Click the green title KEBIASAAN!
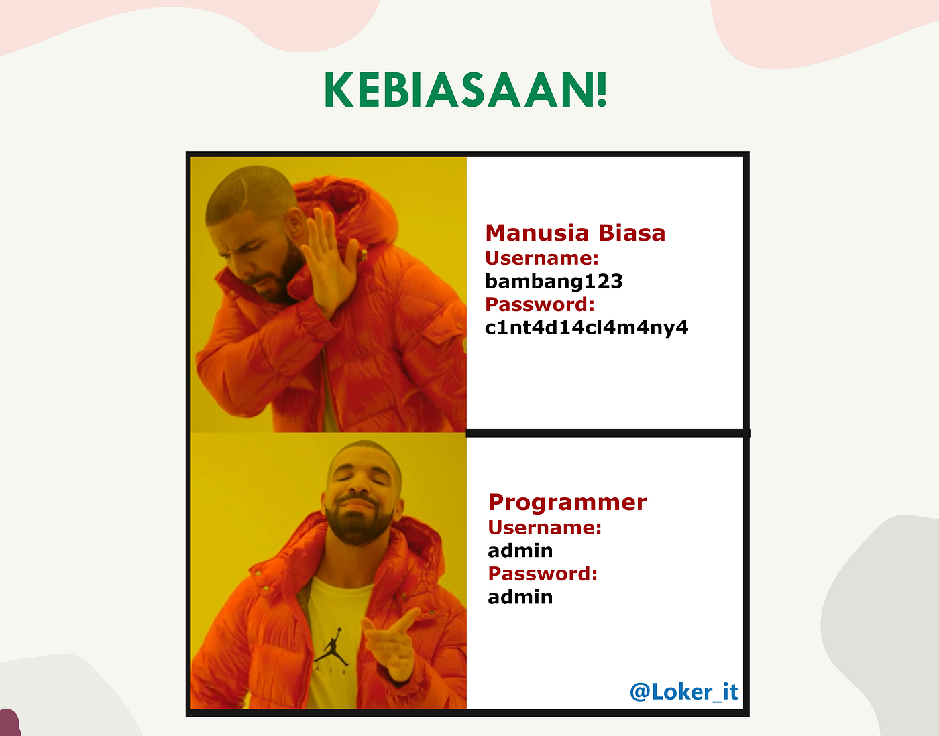click(465, 90)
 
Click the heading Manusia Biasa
click(575, 233)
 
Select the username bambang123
click(553, 281)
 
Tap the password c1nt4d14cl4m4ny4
click(586, 328)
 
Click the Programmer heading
click(567, 502)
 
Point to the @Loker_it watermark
click(683, 692)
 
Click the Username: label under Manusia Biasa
click(541, 258)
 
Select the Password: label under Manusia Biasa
click(539, 304)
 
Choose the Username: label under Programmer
click(544, 528)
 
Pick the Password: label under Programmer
click(542, 574)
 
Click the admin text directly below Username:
click(520, 550)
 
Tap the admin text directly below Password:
click(520, 597)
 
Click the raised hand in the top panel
click(329, 261)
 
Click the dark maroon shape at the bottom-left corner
click(9, 724)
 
